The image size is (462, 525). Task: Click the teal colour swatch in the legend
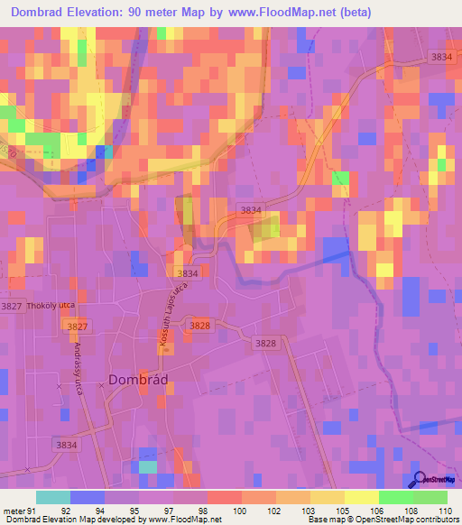tap(52, 497)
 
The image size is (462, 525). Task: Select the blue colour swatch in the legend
tap(87, 497)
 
